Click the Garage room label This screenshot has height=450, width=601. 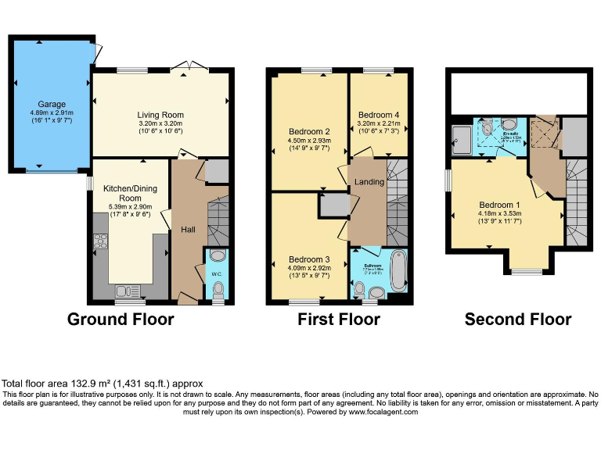point(53,104)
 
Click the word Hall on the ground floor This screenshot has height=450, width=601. point(188,230)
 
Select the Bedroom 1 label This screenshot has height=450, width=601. point(499,206)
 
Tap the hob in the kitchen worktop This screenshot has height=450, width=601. point(100,241)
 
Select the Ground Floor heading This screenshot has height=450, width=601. point(121,320)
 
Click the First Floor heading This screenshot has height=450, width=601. point(338,320)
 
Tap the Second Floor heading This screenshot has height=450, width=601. point(517,320)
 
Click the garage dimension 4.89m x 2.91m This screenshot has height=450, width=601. point(53,113)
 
